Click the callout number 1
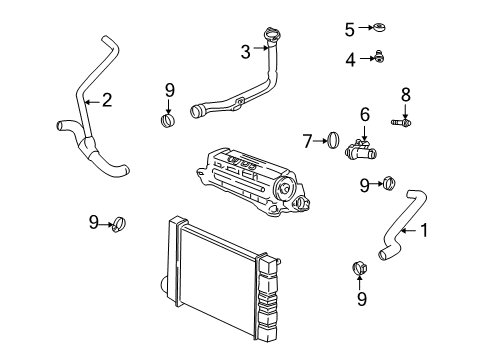(x=424, y=230)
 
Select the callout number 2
(x=107, y=100)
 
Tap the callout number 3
(x=246, y=52)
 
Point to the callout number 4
(x=350, y=60)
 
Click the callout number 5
(x=349, y=30)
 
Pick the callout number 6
(x=365, y=114)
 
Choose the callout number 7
(x=307, y=141)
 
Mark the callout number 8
(x=405, y=95)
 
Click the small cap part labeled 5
(x=379, y=27)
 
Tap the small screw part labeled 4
(x=379, y=57)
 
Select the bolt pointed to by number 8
(x=401, y=123)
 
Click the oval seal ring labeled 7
(x=333, y=140)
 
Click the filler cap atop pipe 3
(x=272, y=34)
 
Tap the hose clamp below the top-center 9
(x=168, y=120)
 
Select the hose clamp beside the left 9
(x=118, y=224)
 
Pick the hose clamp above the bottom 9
(x=359, y=268)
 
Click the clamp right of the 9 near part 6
(x=389, y=182)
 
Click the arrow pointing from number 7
(x=321, y=141)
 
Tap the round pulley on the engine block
(x=284, y=189)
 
